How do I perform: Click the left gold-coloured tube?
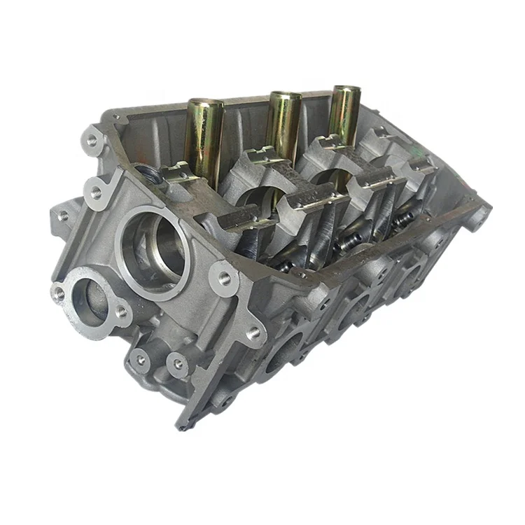click(203, 140)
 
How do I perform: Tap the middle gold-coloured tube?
click(283, 126)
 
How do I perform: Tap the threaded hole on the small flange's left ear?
click(59, 293)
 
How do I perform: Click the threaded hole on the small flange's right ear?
click(121, 311)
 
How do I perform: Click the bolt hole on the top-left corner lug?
click(92, 140)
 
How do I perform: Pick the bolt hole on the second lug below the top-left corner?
click(96, 191)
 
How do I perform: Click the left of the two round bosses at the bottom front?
click(141, 359)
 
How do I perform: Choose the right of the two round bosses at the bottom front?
click(178, 364)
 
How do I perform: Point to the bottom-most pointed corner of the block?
click(181, 426)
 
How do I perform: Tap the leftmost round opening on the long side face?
click(283, 350)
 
